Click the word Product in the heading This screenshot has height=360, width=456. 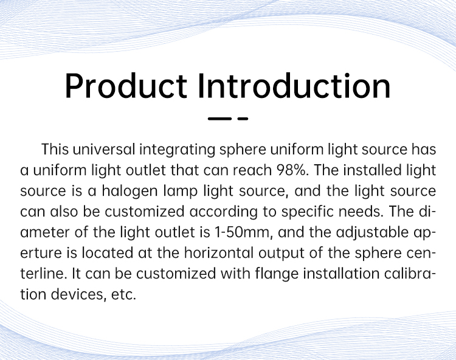(126, 86)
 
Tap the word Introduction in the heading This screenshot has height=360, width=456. (294, 86)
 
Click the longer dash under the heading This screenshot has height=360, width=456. (219, 119)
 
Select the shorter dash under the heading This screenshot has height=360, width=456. (243, 119)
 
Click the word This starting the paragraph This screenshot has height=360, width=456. (55, 150)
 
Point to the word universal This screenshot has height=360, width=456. (104, 150)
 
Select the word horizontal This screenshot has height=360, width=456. (219, 253)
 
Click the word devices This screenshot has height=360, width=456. (77, 294)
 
